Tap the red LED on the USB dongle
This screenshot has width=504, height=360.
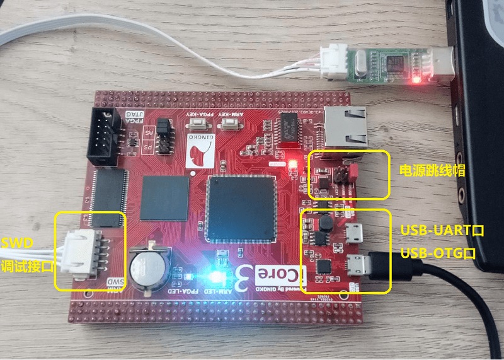coord(415,80)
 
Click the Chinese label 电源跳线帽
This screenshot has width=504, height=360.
coord(427,170)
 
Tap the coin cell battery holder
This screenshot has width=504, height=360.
coord(150,269)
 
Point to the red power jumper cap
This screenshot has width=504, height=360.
coord(353,171)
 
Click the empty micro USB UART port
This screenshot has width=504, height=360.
coord(353,233)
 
